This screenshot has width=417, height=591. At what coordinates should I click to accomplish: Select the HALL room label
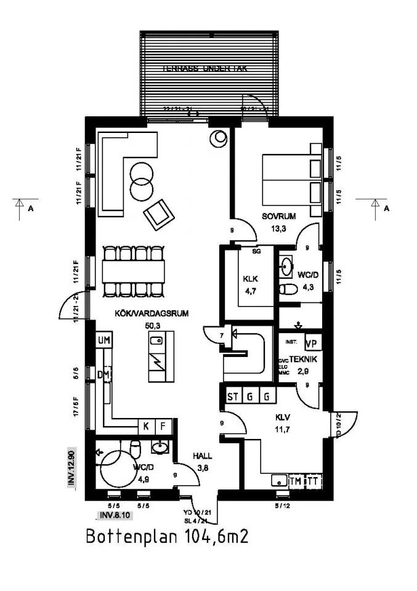click(202, 456)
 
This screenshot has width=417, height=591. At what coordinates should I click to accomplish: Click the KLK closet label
click(249, 278)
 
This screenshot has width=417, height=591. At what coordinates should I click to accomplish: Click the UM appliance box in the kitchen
click(102, 340)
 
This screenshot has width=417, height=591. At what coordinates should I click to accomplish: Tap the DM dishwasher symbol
click(103, 375)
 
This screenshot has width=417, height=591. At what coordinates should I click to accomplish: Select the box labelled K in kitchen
click(147, 426)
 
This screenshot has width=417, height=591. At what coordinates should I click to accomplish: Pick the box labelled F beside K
click(163, 426)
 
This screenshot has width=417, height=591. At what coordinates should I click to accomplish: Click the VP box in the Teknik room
click(311, 344)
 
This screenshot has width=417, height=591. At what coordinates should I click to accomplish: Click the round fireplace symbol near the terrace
click(218, 140)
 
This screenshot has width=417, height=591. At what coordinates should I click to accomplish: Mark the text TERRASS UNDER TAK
click(204, 69)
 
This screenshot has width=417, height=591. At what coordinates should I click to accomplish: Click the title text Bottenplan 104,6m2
click(167, 536)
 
